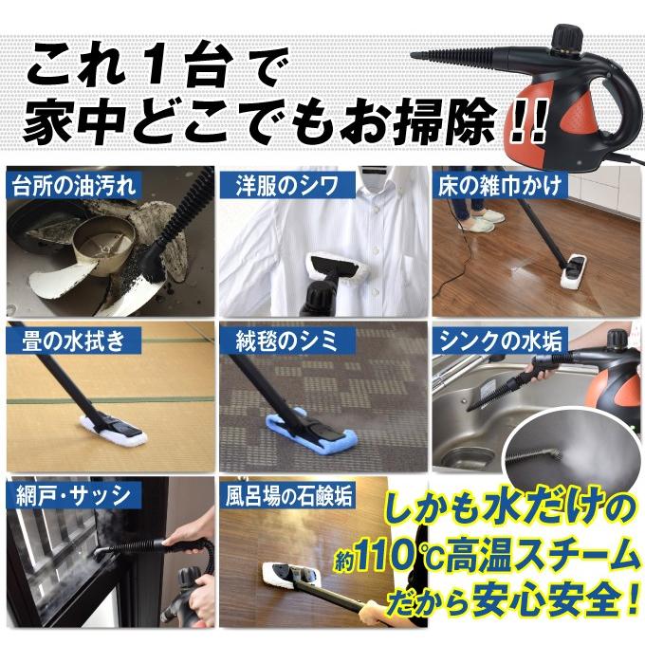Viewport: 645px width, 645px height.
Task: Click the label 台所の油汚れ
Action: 73,186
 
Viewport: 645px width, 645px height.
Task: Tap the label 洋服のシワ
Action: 286,186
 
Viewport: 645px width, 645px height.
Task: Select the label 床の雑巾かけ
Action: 499,186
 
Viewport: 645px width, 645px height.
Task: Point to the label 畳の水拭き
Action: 73,341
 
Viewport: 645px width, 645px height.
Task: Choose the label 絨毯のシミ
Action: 286,341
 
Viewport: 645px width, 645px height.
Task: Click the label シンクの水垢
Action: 500,341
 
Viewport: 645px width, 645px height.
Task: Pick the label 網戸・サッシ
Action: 73,496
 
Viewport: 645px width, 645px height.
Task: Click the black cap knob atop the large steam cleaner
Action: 568,37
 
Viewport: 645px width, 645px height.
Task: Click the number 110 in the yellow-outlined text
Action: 384,559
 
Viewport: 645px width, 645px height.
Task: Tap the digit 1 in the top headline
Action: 159,66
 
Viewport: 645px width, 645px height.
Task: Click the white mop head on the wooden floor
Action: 580,272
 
